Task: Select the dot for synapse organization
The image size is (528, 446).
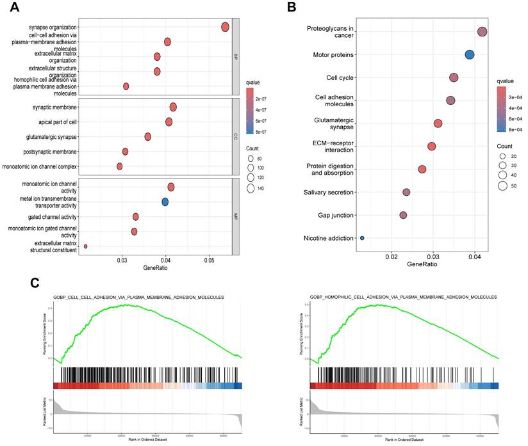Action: [226, 27]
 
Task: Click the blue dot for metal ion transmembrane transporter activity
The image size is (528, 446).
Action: [165, 202]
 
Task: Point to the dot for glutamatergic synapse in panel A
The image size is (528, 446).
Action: [148, 136]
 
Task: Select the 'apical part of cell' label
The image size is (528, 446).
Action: [55, 122]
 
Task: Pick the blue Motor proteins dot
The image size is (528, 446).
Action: [470, 55]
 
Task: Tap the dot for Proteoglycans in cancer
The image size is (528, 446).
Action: [482, 32]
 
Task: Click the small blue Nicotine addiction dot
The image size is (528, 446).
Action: [362, 238]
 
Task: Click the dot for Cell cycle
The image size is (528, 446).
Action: [454, 77]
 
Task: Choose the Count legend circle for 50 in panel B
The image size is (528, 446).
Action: [503, 186]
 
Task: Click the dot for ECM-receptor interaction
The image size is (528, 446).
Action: [432, 147]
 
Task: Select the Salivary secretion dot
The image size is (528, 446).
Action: [406, 192]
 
